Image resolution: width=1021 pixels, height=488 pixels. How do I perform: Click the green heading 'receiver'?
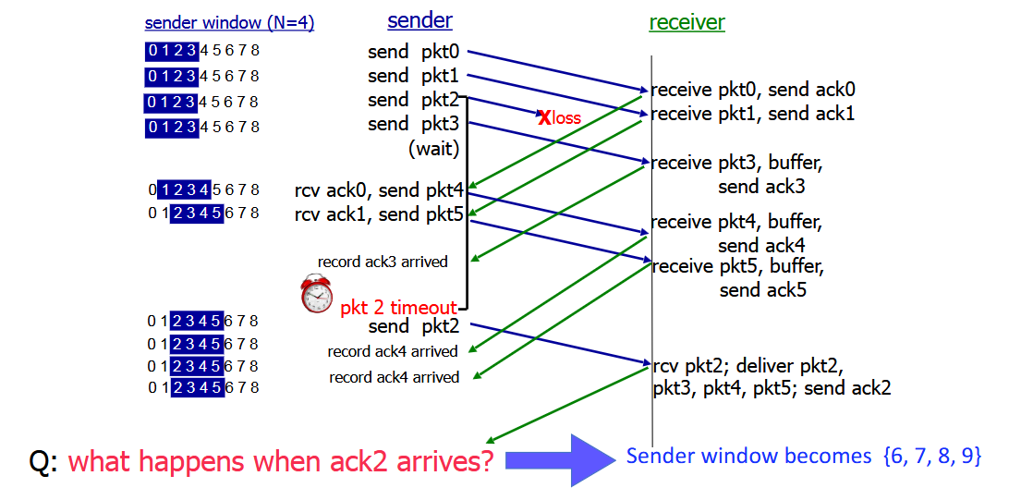(687, 23)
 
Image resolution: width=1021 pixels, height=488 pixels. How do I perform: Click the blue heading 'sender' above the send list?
(419, 21)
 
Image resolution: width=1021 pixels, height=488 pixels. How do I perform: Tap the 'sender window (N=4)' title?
(229, 24)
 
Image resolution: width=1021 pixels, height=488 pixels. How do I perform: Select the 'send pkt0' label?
(413, 52)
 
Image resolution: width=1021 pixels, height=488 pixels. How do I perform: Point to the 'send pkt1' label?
(413, 76)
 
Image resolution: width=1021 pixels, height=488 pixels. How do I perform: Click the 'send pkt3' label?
(413, 124)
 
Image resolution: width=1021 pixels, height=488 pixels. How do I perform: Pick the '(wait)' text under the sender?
(433, 148)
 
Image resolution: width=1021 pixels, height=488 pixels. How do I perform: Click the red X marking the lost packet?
(544, 117)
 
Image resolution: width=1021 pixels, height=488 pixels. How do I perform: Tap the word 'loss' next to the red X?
(567, 118)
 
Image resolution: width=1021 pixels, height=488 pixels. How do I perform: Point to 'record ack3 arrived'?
(383, 262)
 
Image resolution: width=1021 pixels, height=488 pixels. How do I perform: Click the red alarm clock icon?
(316, 294)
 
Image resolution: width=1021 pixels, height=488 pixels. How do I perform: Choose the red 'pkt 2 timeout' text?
(398, 308)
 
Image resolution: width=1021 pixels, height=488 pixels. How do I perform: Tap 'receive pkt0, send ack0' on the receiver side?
(753, 90)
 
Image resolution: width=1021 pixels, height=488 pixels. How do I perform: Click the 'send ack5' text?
(761, 290)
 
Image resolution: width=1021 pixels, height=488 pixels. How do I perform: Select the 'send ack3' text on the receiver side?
(761, 187)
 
